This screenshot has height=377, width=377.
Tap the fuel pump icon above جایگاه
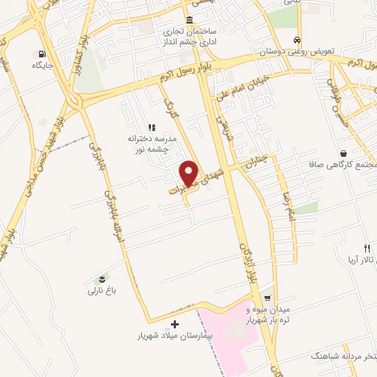click(x=40, y=54)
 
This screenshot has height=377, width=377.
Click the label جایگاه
click(x=40, y=66)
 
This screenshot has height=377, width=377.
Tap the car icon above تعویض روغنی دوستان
click(x=296, y=41)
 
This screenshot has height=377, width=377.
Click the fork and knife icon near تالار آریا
click(x=366, y=248)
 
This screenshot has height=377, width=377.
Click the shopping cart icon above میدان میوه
click(x=268, y=299)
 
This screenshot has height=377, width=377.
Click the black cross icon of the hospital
click(x=175, y=324)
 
